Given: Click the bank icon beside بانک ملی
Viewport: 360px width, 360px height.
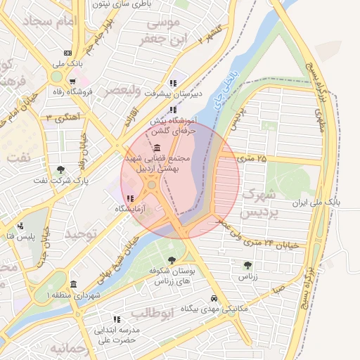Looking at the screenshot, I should tap(67, 53).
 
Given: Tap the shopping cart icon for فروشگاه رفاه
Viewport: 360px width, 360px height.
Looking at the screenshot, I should tap(72, 82).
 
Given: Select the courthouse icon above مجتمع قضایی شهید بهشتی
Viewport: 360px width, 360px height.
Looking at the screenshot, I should tap(155, 148).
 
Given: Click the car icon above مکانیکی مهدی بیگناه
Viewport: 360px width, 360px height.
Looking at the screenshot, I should tap(213, 297).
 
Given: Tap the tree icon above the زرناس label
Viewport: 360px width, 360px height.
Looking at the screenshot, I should tap(247, 265).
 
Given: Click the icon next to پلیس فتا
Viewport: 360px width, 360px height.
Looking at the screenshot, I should tap(20, 226).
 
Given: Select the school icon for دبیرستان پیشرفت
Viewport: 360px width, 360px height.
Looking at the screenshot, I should tap(173, 82).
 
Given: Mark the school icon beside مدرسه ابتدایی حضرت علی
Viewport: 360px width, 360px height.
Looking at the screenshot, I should tap(116, 319).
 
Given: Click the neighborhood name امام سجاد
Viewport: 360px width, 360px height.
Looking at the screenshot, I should tap(47, 22).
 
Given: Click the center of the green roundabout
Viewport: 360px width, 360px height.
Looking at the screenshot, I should tap(152, 186).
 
